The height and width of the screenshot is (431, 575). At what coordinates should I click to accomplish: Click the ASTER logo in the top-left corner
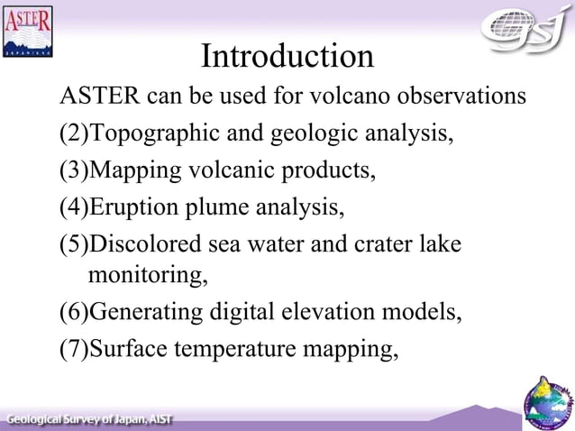(x=28, y=32)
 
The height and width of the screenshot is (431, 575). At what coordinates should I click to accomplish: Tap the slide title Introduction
(x=287, y=56)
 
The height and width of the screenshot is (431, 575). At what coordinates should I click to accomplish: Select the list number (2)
(x=74, y=133)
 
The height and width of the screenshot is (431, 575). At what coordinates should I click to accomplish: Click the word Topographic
(x=152, y=133)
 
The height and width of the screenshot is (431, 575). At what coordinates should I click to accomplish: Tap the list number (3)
(x=74, y=170)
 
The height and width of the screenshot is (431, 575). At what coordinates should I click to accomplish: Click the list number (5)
(x=74, y=245)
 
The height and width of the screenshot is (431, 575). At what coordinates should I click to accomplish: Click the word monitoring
(x=149, y=274)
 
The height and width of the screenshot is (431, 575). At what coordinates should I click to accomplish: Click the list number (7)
(x=74, y=349)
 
